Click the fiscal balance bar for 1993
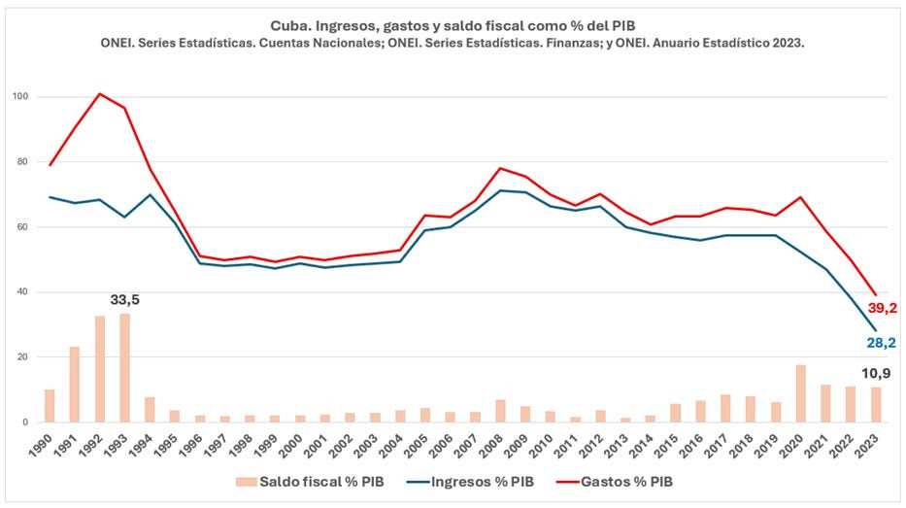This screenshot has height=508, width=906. click(x=124, y=368)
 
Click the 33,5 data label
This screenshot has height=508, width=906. click(x=125, y=300)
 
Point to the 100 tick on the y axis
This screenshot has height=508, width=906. click(x=19, y=97)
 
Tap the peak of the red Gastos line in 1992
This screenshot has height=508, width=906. click(x=100, y=93)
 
